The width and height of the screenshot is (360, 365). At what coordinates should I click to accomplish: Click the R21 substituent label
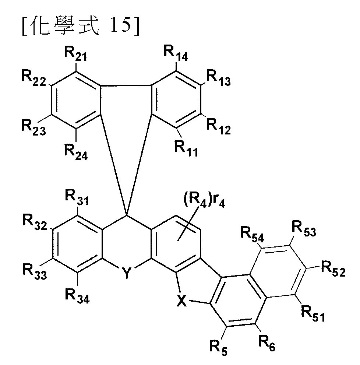pos(75,54)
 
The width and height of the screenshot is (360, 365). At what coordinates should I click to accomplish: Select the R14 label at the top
pos(176,53)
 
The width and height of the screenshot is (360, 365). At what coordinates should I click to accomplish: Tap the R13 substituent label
pos(219,78)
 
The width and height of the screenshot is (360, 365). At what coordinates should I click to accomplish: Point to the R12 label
pos(219,127)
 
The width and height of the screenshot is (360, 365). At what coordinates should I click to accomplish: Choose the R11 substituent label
pos(186,149)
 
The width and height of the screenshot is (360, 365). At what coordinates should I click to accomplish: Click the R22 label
pos(34,78)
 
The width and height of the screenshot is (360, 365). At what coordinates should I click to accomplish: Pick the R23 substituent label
pos(34,127)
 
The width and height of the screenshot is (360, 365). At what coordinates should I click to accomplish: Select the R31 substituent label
pos(77,198)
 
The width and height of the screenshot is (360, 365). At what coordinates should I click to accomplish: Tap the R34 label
pos(77,296)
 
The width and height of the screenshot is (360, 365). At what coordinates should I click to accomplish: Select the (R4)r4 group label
pos(204,200)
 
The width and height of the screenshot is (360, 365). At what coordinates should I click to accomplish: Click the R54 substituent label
pos(252,234)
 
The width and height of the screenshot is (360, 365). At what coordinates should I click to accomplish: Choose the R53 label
pos(304,229)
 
